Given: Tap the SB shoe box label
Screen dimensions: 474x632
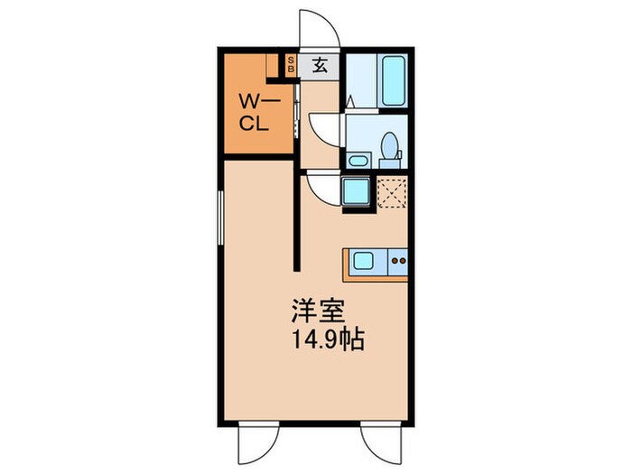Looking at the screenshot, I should tap(291, 64).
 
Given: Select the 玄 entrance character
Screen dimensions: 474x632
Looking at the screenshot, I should tap(321, 64).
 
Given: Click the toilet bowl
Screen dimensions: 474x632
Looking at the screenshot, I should tap(389, 145).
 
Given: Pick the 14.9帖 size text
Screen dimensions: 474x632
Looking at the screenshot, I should tap(327, 342).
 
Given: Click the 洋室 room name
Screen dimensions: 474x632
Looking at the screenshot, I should tap(314, 309).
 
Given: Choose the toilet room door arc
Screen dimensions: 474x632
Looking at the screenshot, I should tap(324, 125).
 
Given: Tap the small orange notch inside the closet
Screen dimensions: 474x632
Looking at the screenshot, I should tap(272, 65).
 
